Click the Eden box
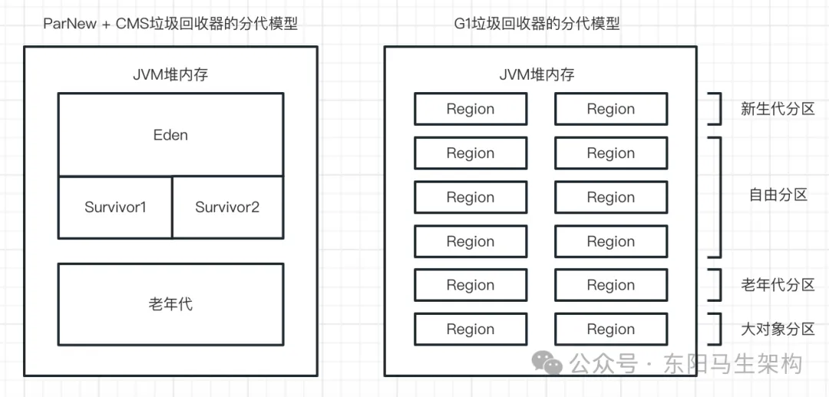[x=170, y=135]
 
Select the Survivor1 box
[x=114, y=207]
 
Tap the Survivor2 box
[x=228, y=207]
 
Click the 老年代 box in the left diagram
[x=170, y=305]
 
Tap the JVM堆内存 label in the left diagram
[x=170, y=74]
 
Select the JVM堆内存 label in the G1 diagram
[x=537, y=74]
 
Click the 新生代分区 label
[x=777, y=109]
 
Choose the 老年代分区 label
[x=777, y=285]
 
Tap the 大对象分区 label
[x=777, y=329]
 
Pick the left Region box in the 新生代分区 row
[x=471, y=109]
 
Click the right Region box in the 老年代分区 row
[x=611, y=285]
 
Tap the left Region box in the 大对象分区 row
[x=471, y=329]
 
